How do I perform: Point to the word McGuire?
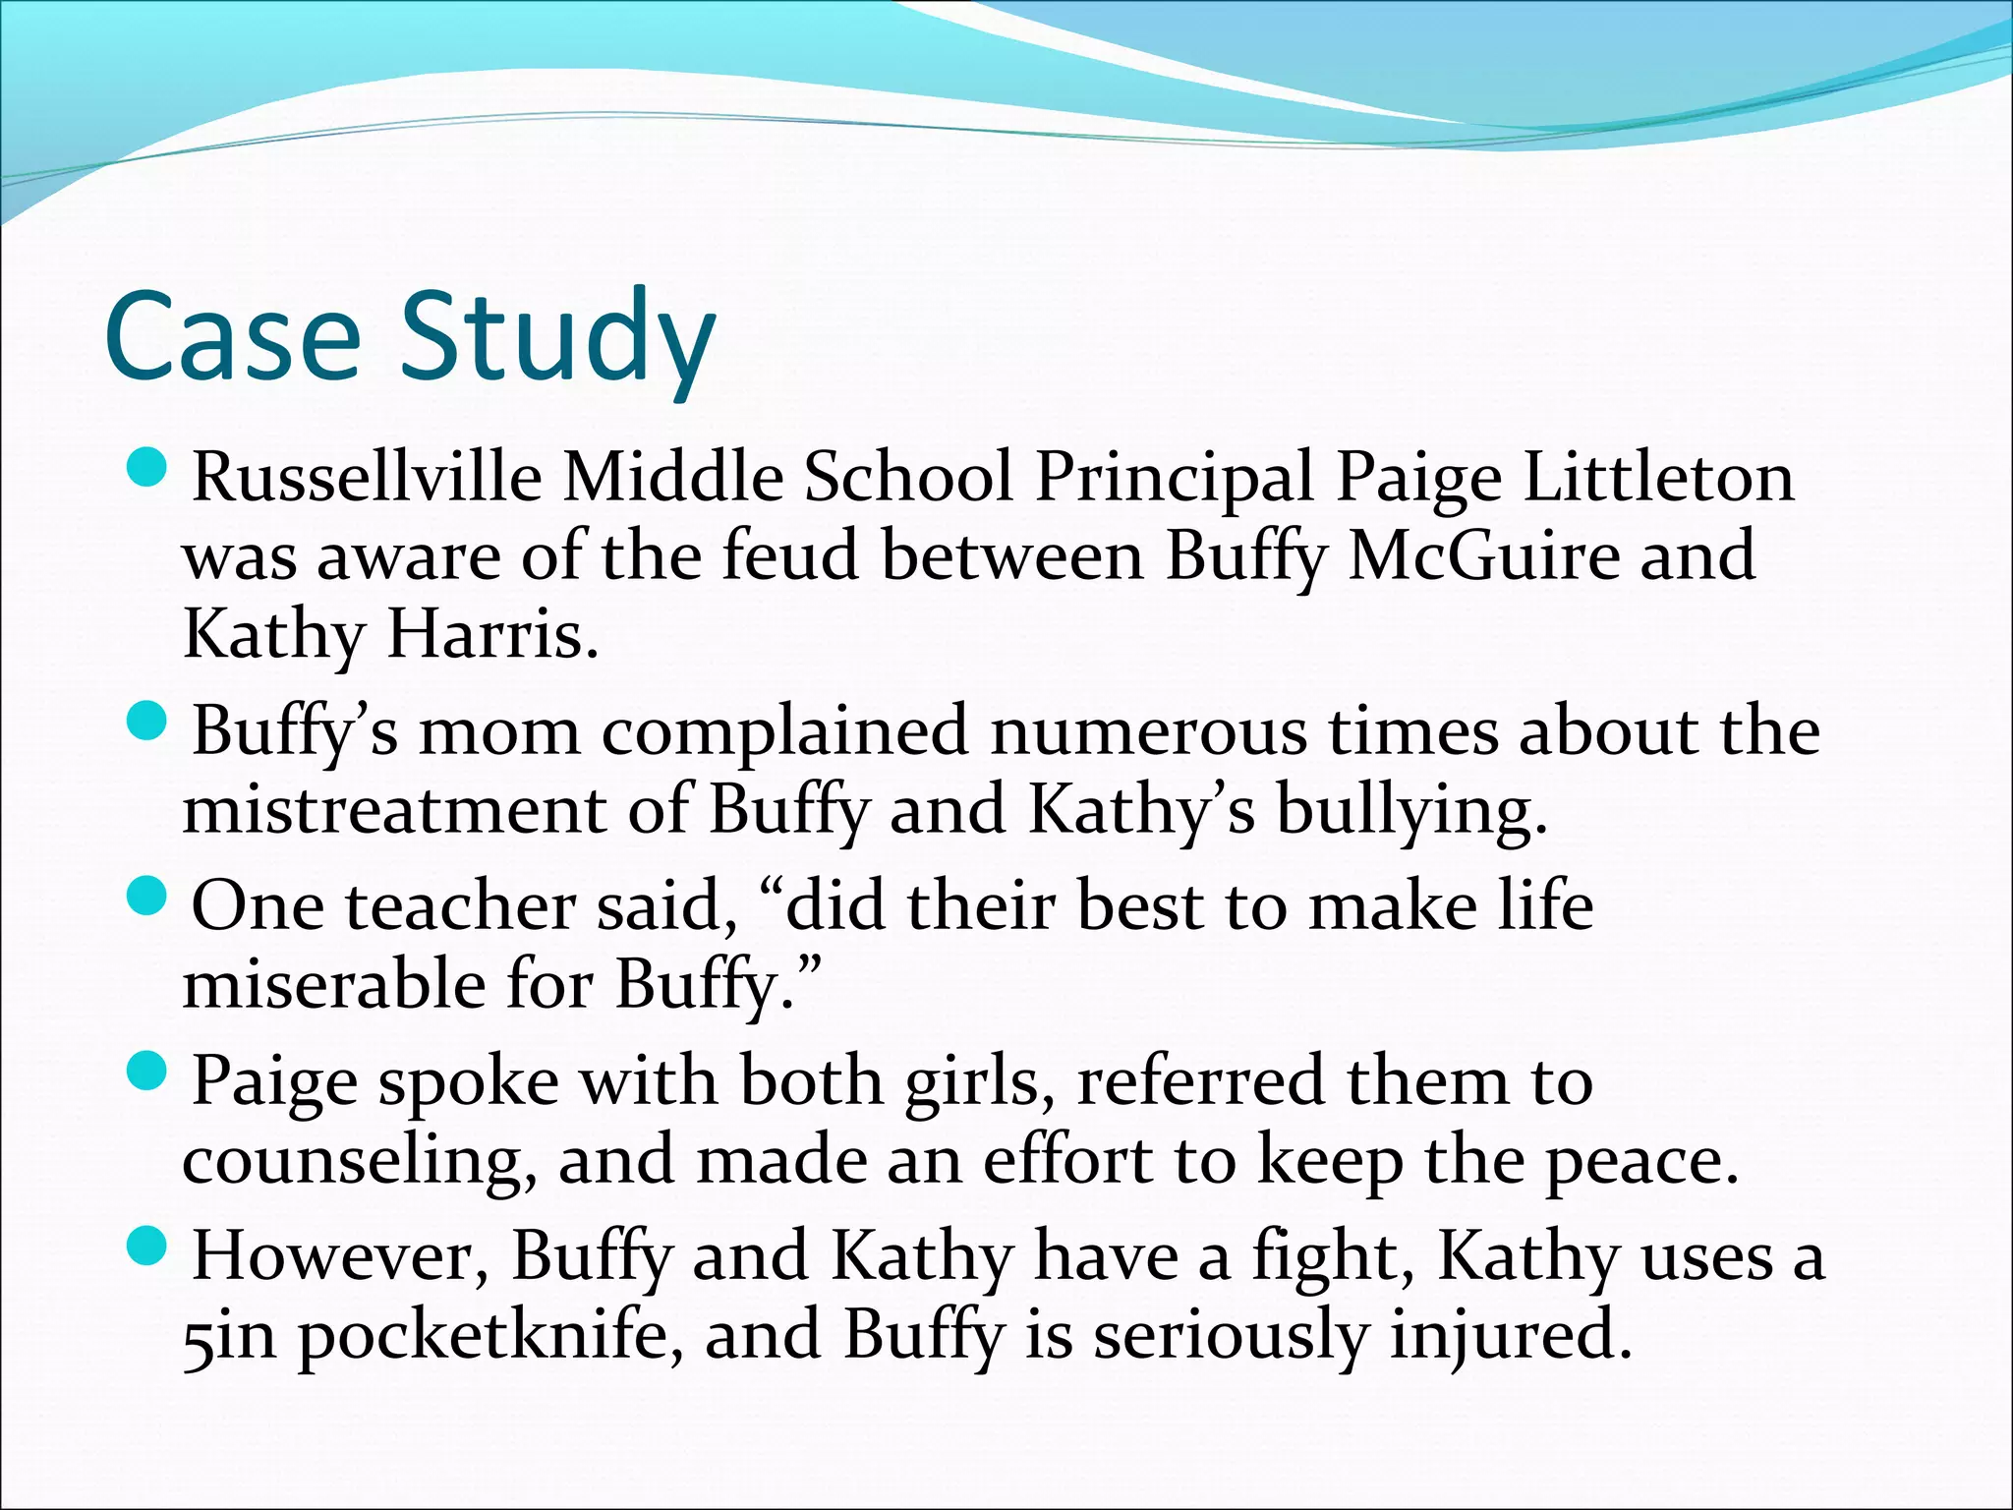(x=1483, y=556)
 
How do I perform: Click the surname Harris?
(x=492, y=635)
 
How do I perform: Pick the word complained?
(x=785, y=733)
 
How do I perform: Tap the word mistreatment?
(x=394, y=810)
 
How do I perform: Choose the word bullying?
(x=1411, y=812)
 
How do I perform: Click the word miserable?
(x=334, y=984)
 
